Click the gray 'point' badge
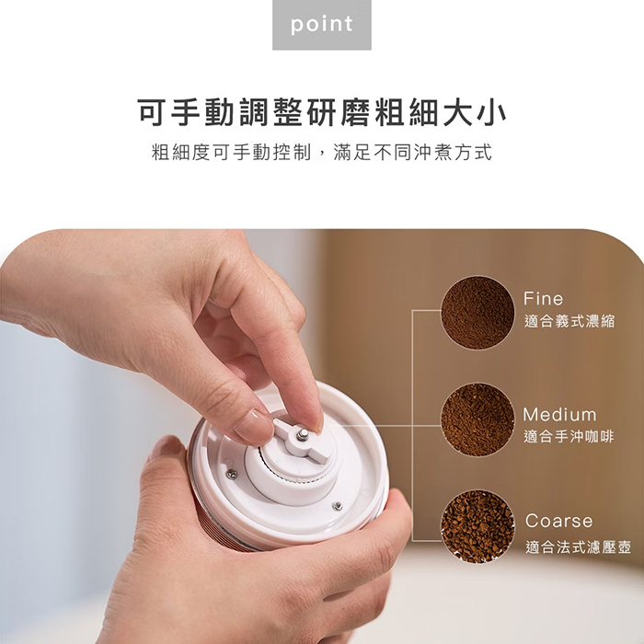[x=321, y=25]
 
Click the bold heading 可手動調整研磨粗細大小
[x=321, y=113]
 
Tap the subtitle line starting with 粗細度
[x=321, y=152]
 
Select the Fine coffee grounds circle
[x=477, y=312]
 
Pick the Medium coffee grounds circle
[x=477, y=420]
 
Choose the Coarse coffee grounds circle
[x=477, y=526]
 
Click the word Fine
[x=543, y=299]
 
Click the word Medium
[x=559, y=415]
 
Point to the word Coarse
[x=558, y=522]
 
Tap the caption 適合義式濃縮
[x=569, y=321]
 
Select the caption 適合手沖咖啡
[x=569, y=437]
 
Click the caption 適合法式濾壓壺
[x=578, y=547]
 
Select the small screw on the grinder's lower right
[x=338, y=505]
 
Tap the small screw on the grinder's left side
[x=231, y=474]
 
